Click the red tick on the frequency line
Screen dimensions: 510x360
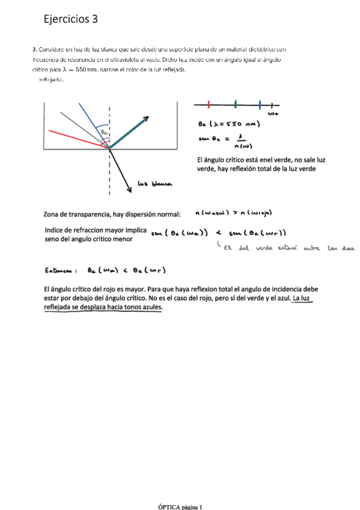(209, 104)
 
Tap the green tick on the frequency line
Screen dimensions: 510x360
(236, 104)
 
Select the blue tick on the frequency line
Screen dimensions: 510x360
(260, 104)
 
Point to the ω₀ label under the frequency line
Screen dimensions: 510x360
(272, 113)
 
